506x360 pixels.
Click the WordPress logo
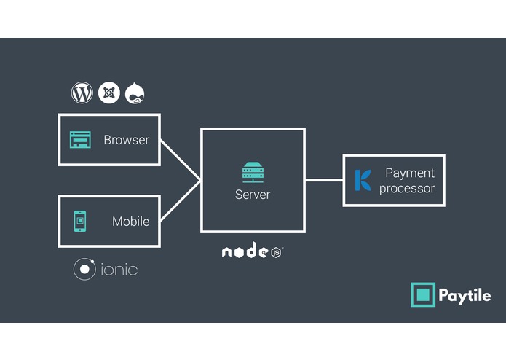pyautogui.click(x=82, y=93)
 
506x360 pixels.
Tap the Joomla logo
pyautogui.click(x=109, y=93)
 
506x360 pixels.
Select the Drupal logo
pyautogui.click(x=136, y=93)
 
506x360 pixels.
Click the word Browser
pyautogui.click(x=126, y=140)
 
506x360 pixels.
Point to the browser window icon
pyautogui.click(x=80, y=139)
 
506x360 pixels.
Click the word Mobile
pyautogui.click(x=130, y=222)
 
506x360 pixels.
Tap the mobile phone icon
pyautogui.click(x=80, y=221)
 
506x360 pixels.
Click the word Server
pyautogui.click(x=253, y=195)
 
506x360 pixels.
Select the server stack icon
pyautogui.click(x=253, y=173)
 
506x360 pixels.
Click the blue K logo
pyautogui.click(x=362, y=180)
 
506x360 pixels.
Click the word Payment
pyautogui.click(x=409, y=173)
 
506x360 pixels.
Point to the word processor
pyautogui.click(x=407, y=188)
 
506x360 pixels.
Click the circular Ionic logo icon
pyautogui.click(x=84, y=270)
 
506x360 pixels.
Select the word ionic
pyautogui.click(x=117, y=270)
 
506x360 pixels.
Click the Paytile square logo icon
pyautogui.click(x=422, y=295)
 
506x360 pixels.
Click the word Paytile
pyautogui.click(x=465, y=295)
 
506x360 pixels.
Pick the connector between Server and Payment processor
pyautogui.click(x=323, y=180)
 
